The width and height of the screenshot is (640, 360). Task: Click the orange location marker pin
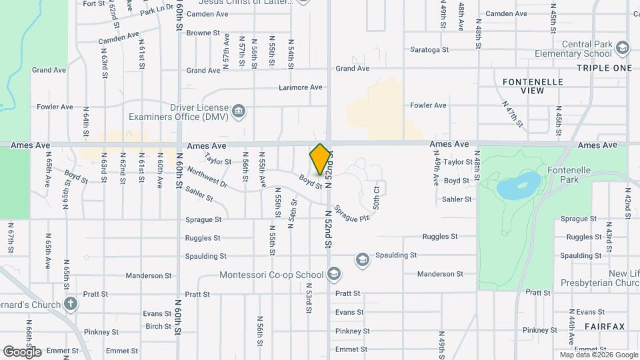tap(321, 159)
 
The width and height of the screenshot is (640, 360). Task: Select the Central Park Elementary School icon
tap(622, 47)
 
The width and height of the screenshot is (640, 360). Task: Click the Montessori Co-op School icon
tap(334, 274)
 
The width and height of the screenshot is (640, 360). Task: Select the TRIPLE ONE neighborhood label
tap(604, 68)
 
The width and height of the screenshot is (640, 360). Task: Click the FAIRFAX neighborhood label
tap(605, 326)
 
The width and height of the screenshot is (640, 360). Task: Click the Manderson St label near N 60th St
tap(149, 275)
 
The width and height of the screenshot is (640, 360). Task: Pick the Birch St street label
tap(158, 326)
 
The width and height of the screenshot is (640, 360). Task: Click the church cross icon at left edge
tap(71, 305)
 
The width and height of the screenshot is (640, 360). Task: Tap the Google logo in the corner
tap(22, 351)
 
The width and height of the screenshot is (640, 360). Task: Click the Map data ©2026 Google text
tap(598, 355)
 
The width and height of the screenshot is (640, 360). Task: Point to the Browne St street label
tap(203, 33)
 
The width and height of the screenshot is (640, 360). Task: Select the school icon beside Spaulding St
tap(362, 259)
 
